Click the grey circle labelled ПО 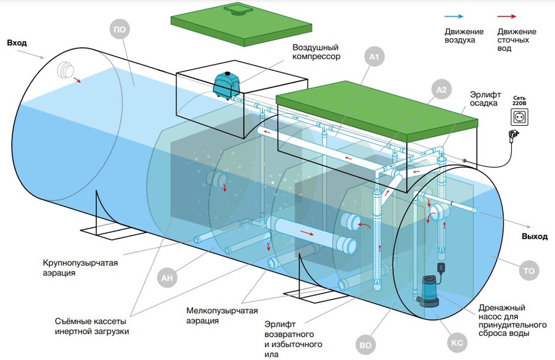[x=120, y=30]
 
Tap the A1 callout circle [x=374, y=57]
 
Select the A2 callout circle [x=442, y=89]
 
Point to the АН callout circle [x=166, y=278]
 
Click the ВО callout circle [x=365, y=345]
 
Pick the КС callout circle [x=457, y=343]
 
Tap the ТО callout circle [x=529, y=271]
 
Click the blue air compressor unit [x=226, y=84]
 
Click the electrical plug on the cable [x=512, y=136]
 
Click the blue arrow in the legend [x=454, y=16]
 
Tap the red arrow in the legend [x=506, y=16]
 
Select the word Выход [x=535, y=237]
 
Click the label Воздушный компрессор [x=316, y=52]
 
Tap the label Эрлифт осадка [x=485, y=99]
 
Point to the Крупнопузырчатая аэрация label [x=80, y=268]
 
